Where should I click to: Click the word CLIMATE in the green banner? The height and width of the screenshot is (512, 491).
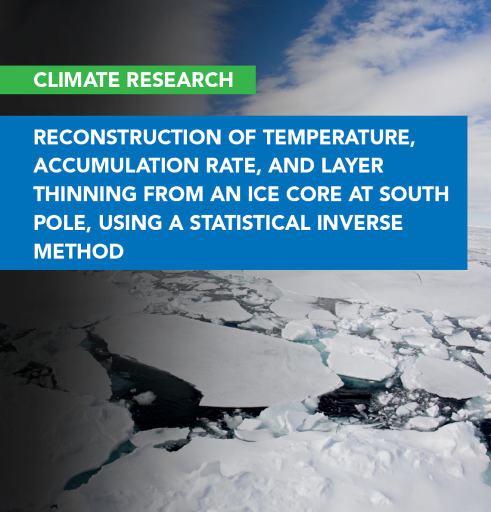(x=77, y=80)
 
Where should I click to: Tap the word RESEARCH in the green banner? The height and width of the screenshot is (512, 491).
(x=180, y=80)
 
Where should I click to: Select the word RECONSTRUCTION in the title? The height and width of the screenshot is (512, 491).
(x=128, y=137)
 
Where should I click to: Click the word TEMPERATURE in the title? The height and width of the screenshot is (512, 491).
(x=339, y=138)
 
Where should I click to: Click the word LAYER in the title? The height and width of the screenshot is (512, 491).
(x=352, y=166)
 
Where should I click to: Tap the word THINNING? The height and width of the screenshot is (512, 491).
(x=85, y=194)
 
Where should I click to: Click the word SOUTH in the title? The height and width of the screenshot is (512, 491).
(x=414, y=194)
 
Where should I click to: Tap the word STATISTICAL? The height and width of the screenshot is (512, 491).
(x=249, y=223)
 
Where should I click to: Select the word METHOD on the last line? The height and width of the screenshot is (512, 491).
(x=79, y=252)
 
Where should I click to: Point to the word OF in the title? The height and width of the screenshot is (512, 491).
(x=242, y=137)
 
